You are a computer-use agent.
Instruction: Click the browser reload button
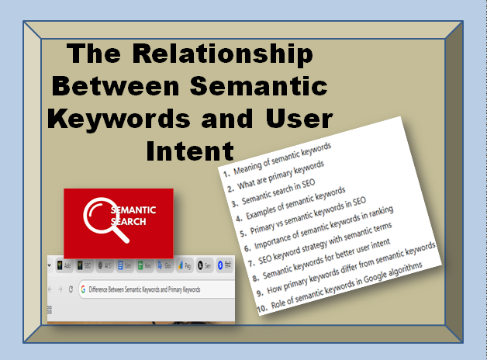coord(71,289)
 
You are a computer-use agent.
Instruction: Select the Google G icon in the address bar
coord(83,289)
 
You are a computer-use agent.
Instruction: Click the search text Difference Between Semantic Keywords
coord(144,289)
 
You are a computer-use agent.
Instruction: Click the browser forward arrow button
coord(60,289)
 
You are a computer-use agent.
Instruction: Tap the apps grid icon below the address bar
coord(50,309)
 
